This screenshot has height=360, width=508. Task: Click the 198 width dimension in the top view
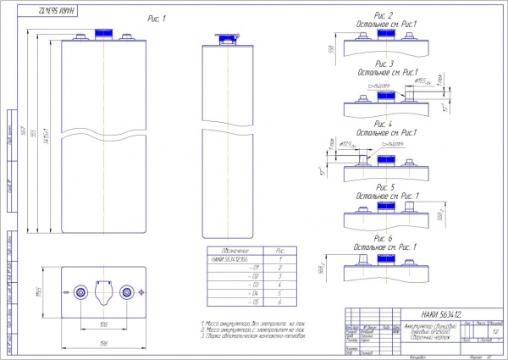click(x=102, y=342)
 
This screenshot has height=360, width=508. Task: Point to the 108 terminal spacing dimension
click(x=102, y=323)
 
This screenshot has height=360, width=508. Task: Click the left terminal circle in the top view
click(x=80, y=292)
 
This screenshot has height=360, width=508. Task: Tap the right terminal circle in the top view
click(x=126, y=292)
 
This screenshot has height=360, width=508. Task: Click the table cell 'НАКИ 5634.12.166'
click(x=233, y=260)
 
